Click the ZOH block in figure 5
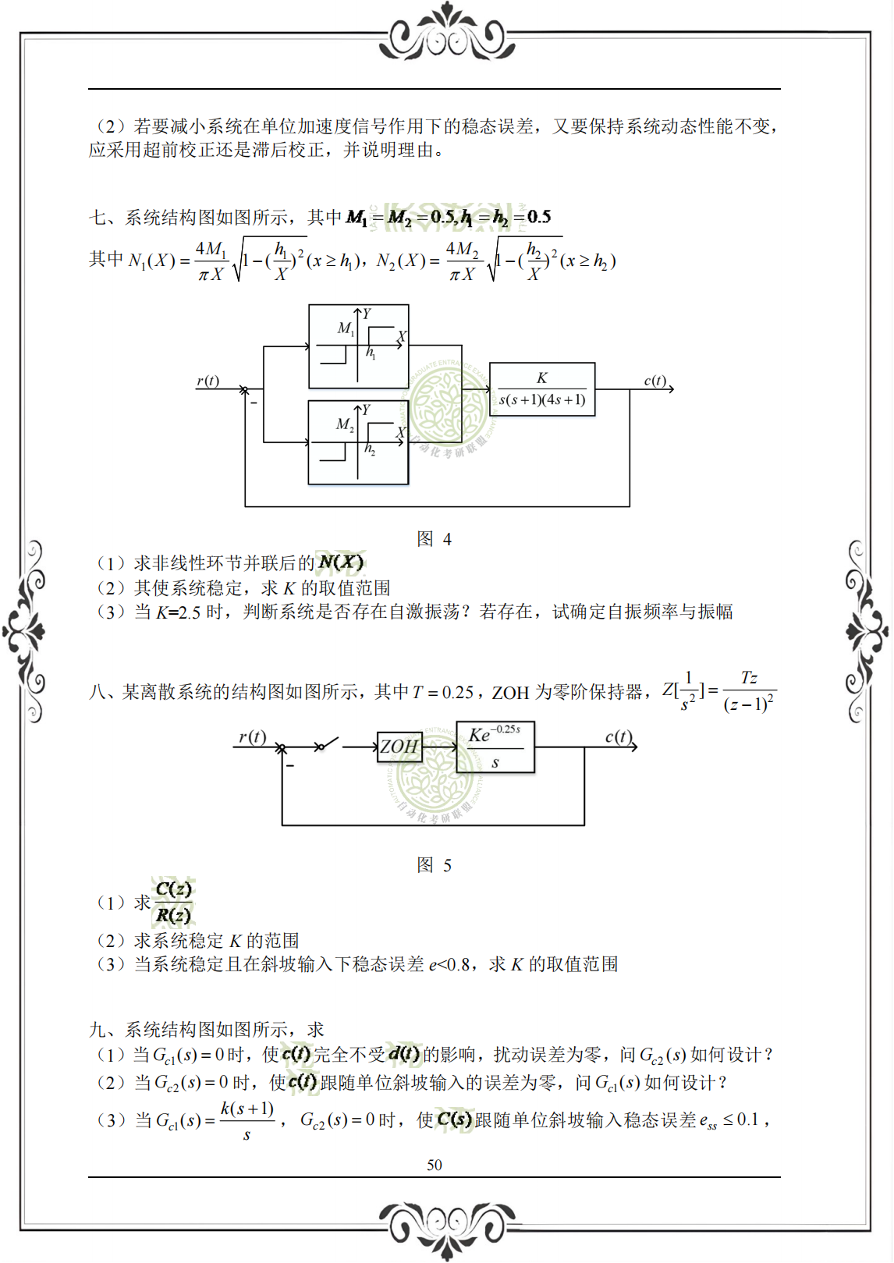[399, 747]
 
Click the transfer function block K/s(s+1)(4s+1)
[542, 389]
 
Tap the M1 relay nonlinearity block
[358, 346]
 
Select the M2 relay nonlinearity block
[358, 442]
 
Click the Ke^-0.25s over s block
[495, 747]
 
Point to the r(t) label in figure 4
[208, 381]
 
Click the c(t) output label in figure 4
[655, 381]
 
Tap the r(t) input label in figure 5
[252, 736]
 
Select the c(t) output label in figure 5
[619, 736]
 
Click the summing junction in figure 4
[245, 389]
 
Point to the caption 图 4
[434, 539]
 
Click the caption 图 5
[434, 865]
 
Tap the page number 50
[435, 1165]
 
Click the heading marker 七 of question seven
[97, 218]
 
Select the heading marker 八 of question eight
[97, 692]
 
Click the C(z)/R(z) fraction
[173, 902]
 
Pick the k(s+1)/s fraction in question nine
[247, 1120]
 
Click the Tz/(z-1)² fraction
[749, 691]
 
